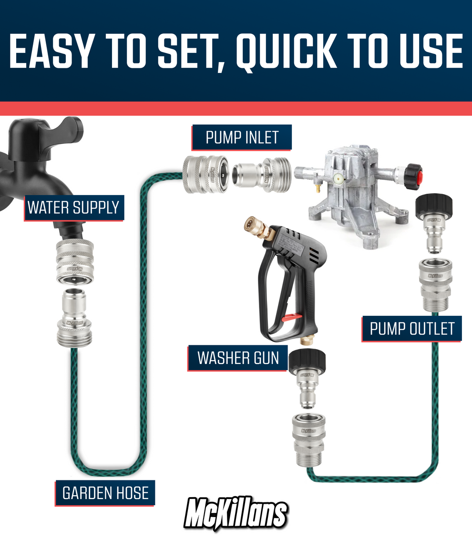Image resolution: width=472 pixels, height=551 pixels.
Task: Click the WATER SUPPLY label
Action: pos(73,208)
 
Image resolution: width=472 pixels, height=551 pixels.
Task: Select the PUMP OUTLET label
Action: pos(412,329)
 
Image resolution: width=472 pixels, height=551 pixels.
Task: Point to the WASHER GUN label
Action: pos(238,358)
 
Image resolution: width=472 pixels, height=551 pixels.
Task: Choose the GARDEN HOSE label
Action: pos(105,493)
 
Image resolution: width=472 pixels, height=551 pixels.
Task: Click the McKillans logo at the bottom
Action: pos(236,514)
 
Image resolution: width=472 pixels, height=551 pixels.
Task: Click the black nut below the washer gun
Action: pos(308,362)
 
